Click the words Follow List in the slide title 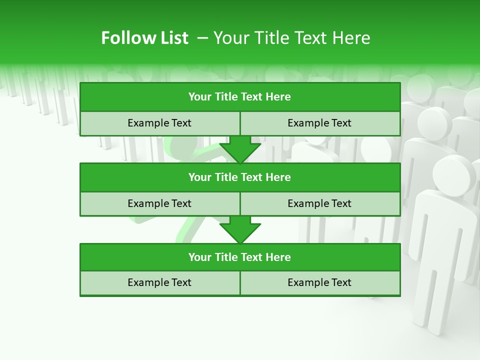(144, 38)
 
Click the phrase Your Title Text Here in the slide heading (291, 38)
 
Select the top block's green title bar (240, 97)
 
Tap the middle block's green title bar (240, 177)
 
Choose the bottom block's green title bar (240, 257)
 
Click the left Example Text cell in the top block (159, 123)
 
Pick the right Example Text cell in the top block (320, 123)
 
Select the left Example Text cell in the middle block (159, 204)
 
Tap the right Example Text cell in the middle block (320, 204)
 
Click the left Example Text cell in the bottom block (159, 283)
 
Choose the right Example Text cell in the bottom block (320, 283)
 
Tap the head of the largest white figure (454, 174)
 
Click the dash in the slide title (202, 38)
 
